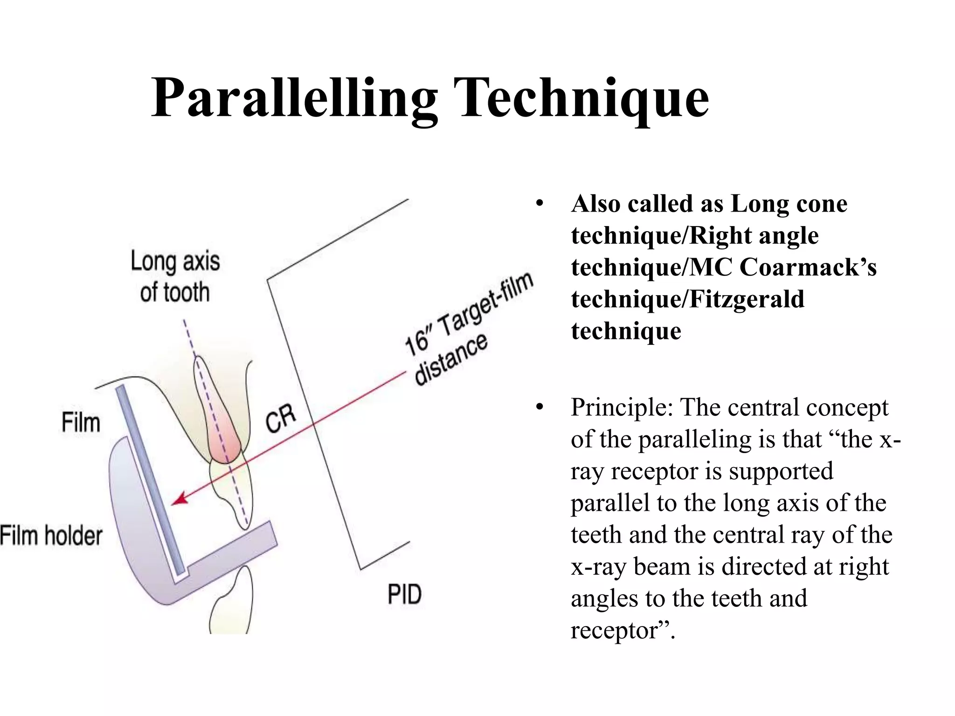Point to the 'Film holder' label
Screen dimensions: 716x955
coord(51,536)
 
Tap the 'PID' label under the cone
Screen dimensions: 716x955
coord(404,594)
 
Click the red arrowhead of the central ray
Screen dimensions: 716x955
coord(180,498)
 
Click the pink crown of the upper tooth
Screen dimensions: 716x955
coord(225,438)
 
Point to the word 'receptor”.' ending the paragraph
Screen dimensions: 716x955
coord(623,630)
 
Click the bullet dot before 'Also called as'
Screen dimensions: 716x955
coord(540,204)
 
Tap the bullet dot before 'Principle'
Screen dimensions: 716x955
coord(540,407)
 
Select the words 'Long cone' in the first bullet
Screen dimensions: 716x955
coord(789,204)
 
